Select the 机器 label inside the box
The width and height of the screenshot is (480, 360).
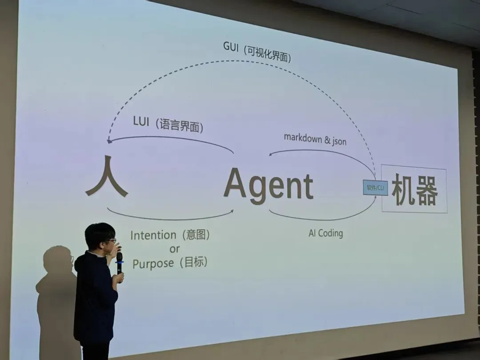(414, 190)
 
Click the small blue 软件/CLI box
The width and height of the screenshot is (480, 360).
(375, 188)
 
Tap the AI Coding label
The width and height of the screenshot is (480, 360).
(325, 233)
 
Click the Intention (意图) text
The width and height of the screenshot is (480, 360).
(169, 235)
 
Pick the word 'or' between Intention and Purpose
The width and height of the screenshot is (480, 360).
(174, 249)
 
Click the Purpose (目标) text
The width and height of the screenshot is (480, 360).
(170, 263)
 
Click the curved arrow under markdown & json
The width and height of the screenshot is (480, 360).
(320, 152)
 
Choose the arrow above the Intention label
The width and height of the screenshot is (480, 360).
(169, 219)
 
